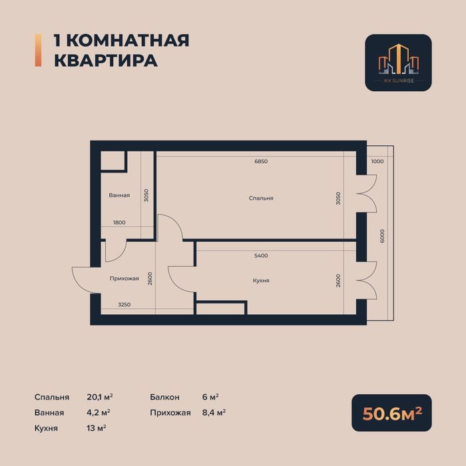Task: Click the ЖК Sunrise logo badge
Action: (x=398, y=63)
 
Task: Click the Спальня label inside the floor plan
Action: (x=261, y=198)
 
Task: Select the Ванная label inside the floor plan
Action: (x=119, y=196)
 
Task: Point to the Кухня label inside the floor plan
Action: (x=261, y=281)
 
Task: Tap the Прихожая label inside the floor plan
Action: (x=124, y=278)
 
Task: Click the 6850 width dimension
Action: (x=261, y=162)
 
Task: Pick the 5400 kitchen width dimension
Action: (x=261, y=256)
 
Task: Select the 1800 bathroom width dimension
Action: (x=119, y=222)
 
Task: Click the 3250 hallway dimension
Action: (x=124, y=304)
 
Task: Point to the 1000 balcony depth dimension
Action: (x=377, y=162)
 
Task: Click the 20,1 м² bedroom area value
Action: (x=99, y=397)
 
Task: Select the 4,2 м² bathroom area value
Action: (x=99, y=413)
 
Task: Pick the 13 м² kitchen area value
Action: (x=97, y=428)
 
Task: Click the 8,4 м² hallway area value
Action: (x=214, y=413)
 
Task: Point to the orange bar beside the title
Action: (x=37, y=50)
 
